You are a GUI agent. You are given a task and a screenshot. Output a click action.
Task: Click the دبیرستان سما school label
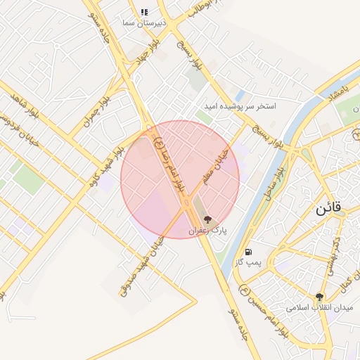click(144, 23)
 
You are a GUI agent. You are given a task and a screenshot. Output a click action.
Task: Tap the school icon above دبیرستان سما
click(144, 12)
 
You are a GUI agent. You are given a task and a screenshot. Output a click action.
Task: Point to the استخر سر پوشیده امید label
click(246, 105)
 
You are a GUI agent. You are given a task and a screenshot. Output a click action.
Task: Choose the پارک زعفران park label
click(207, 231)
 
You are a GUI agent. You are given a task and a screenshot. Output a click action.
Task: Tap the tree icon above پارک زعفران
click(207, 220)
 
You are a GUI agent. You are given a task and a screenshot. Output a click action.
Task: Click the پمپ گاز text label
click(248, 262)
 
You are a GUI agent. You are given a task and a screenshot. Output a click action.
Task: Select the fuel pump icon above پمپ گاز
click(248, 252)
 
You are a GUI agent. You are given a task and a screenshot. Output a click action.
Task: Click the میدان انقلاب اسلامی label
click(320, 308)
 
